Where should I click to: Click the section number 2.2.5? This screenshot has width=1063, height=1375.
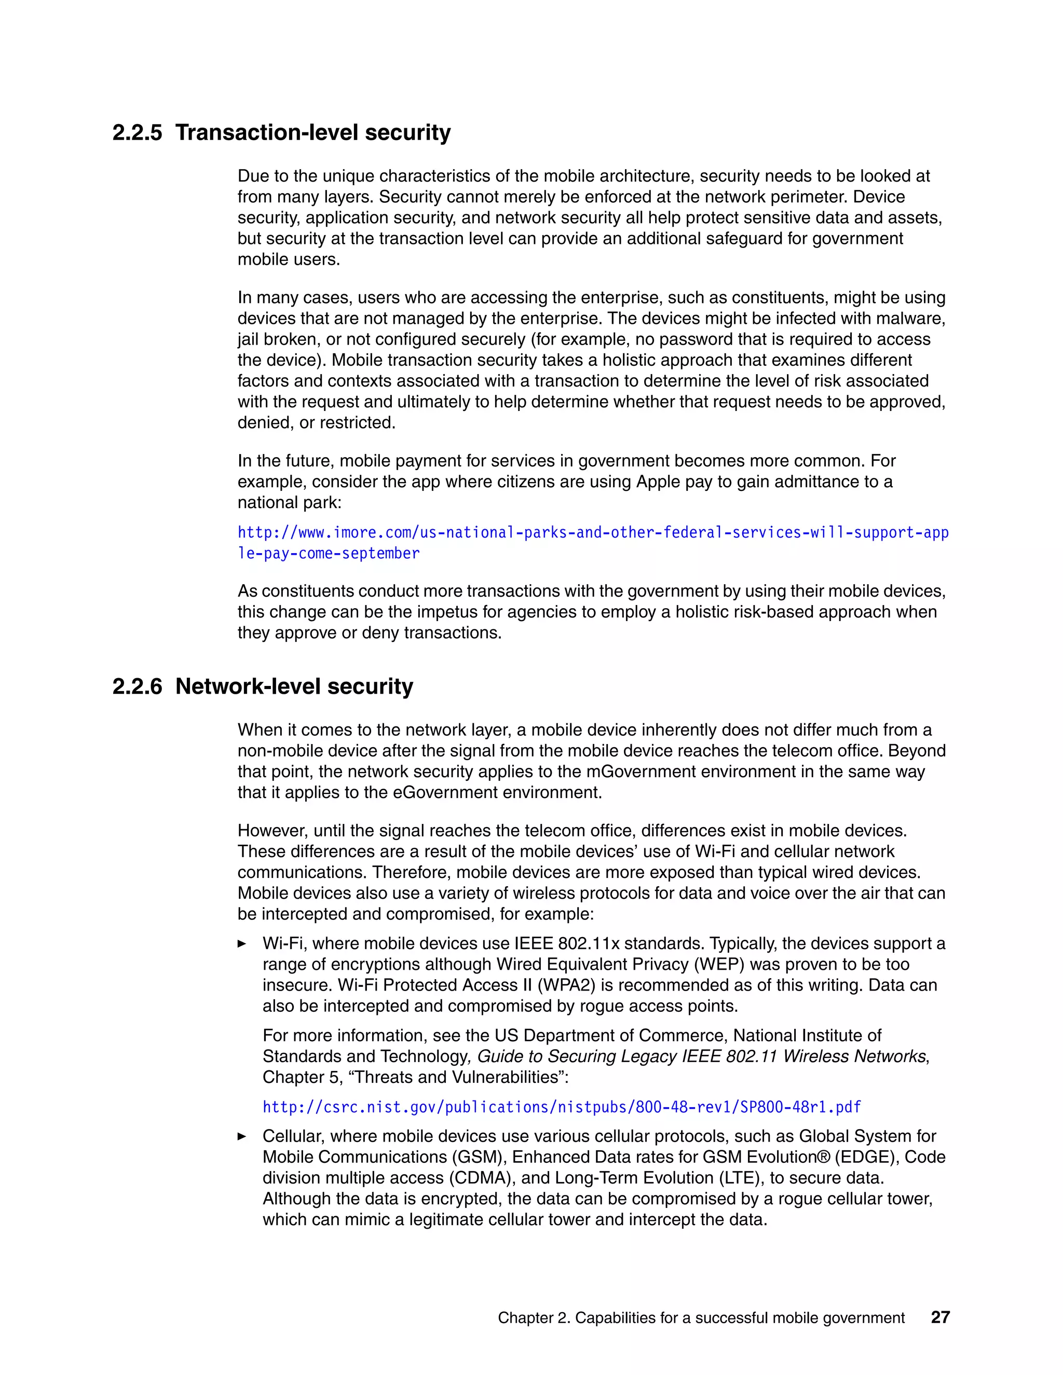coord(137,133)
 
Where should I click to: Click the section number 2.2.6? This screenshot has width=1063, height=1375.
coord(137,686)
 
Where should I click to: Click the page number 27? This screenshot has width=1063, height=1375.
coord(939,1317)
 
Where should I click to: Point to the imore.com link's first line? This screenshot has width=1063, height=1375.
coord(592,533)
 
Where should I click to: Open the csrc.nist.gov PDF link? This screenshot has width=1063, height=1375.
coord(561,1107)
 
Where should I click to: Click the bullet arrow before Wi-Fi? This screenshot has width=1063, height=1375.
coord(242,944)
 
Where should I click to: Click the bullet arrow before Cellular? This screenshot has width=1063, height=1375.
coord(242,1136)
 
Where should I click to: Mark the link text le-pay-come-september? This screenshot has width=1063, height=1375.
coord(328,554)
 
